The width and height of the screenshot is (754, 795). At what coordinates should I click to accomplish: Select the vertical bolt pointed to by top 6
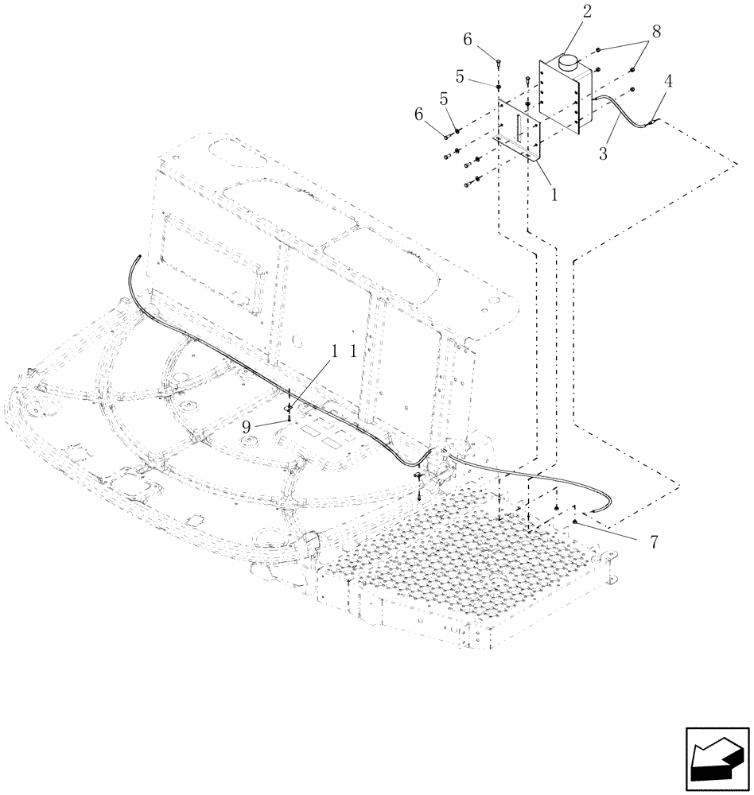497,64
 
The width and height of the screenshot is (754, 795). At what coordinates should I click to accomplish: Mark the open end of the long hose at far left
138,257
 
